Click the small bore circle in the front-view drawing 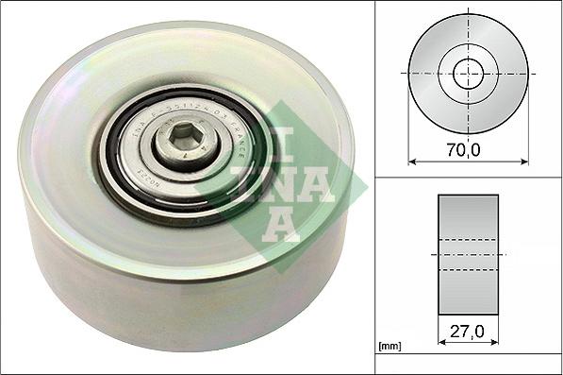click(468, 73)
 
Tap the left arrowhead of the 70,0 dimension click(413, 162)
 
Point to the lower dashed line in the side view click(468, 270)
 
